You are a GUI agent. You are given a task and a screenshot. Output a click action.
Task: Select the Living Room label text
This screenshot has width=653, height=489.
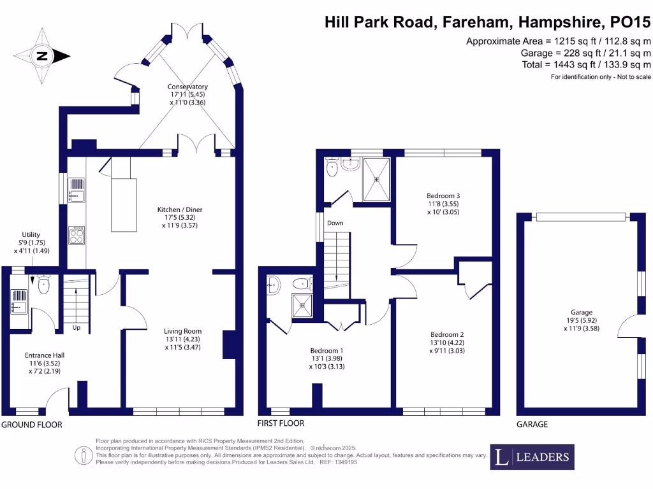pyautogui.click(x=183, y=331)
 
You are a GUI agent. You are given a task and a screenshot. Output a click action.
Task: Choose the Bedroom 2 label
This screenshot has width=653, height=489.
pyautogui.click(x=446, y=335)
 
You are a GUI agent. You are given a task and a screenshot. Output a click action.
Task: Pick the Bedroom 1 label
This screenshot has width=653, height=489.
pyautogui.click(x=326, y=351)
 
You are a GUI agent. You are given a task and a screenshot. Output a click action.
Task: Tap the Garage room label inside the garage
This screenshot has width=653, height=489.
pyautogui.click(x=581, y=313)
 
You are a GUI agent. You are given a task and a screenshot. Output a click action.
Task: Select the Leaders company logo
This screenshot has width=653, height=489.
pyautogui.click(x=532, y=457)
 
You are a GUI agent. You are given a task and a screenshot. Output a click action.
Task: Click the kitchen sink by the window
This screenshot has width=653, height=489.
pyautogui.click(x=77, y=189)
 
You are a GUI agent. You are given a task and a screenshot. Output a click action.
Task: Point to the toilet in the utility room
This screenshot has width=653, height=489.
pyautogui.click(x=43, y=285)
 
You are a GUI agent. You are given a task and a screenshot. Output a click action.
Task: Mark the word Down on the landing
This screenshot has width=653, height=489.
pyautogui.click(x=335, y=223)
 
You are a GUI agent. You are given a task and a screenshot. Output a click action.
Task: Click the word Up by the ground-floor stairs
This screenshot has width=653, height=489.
pyautogui.click(x=75, y=329)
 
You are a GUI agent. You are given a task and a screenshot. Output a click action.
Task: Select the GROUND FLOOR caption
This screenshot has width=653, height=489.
pyautogui.click(x=32, y=425)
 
